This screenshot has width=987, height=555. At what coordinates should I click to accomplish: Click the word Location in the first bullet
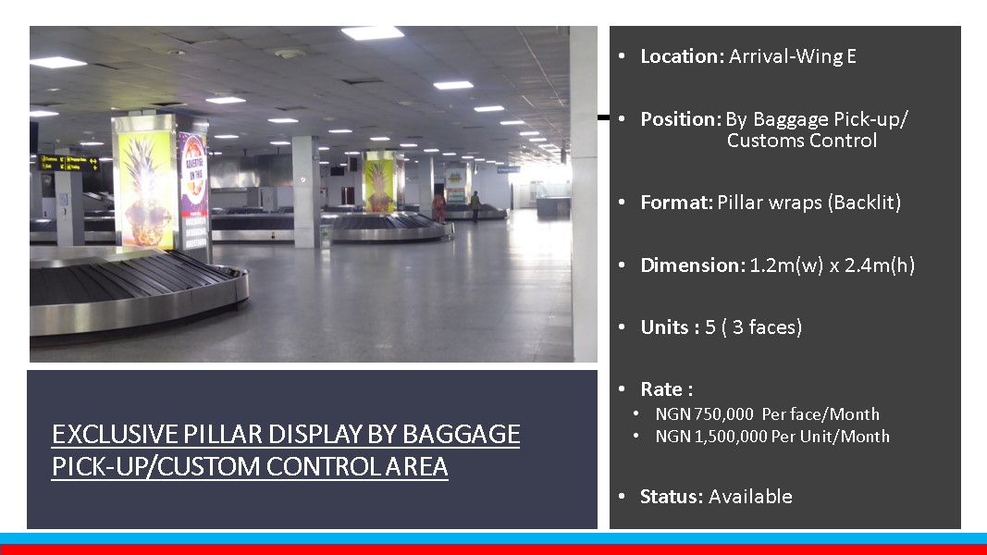[x=679, y=56]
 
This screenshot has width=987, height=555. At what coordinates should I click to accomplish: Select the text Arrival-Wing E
[x=793, y=56]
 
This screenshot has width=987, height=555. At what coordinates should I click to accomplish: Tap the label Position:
[x=681, y=119]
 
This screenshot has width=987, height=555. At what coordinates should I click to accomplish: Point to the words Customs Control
[x=802, y=141]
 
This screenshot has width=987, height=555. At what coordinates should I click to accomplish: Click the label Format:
[x=677, y=203]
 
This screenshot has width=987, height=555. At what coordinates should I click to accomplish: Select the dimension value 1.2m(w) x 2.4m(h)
[x=833, y=265]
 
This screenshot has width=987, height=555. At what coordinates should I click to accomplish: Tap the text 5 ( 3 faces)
[x=754, y=327]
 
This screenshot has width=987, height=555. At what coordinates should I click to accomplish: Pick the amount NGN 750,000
[x=704, y=414]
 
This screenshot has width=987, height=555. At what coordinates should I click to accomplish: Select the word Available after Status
[x=750, y=497]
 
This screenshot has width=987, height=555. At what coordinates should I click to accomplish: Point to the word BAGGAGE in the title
[x=462, y=434]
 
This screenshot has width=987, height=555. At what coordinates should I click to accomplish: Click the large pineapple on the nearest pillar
[x=146, y=191]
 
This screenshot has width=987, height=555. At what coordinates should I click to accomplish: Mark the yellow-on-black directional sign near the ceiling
[x=68, y=163]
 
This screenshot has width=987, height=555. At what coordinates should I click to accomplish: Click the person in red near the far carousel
[x=438, y=206]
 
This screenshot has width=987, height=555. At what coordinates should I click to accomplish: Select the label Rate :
[x=667, y=389]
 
